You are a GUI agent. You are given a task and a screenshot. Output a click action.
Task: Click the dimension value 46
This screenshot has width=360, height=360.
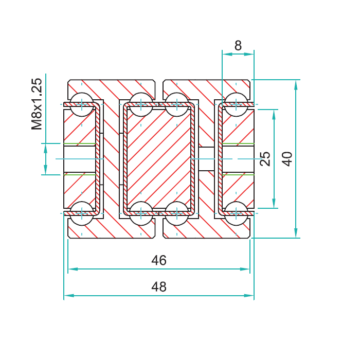pos(159,260)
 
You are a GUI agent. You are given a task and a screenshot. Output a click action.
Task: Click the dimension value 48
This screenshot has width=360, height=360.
pos(159,286)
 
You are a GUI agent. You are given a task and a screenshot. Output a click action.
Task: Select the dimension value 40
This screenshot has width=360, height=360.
pos(287,158)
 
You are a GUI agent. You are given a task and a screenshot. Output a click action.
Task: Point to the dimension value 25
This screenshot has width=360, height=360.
pos(265,158)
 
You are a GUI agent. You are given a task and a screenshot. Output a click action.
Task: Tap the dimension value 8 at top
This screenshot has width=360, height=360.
pos(238,45)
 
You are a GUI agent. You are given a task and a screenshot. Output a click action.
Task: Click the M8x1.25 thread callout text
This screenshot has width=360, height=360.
pos(37,104)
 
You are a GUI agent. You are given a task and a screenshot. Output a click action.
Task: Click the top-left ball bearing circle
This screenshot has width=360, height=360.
pos(82,104)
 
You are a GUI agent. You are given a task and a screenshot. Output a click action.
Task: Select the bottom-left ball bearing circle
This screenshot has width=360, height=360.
pos(82,213)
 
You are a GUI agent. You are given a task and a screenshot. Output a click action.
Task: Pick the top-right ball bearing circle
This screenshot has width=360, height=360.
pos(236,104)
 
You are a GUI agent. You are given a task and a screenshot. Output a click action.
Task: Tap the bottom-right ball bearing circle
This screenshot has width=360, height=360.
pos(236,213)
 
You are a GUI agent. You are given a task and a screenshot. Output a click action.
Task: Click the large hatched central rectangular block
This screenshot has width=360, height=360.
pos(159,159)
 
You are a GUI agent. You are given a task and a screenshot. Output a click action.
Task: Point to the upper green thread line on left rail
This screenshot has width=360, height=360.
pos(79,143)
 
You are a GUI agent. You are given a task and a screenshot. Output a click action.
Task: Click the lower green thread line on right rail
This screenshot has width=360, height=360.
pos(238,175)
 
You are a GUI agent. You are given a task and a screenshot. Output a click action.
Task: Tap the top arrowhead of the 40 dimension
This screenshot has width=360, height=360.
pos(296,85)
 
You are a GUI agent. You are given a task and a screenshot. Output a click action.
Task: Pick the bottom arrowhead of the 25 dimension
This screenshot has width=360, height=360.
pos(274,203)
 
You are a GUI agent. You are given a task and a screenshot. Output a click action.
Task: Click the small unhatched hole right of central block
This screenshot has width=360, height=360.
pos(207,159)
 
